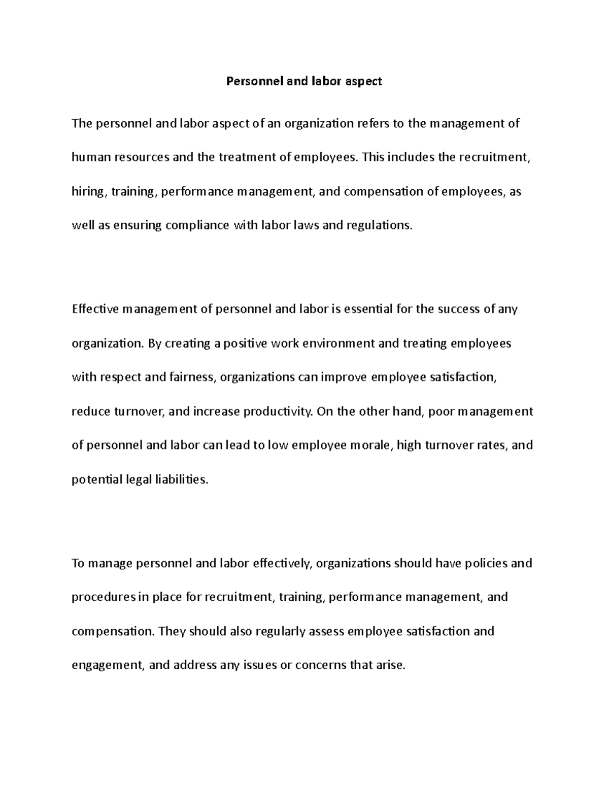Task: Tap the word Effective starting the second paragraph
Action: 95,309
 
